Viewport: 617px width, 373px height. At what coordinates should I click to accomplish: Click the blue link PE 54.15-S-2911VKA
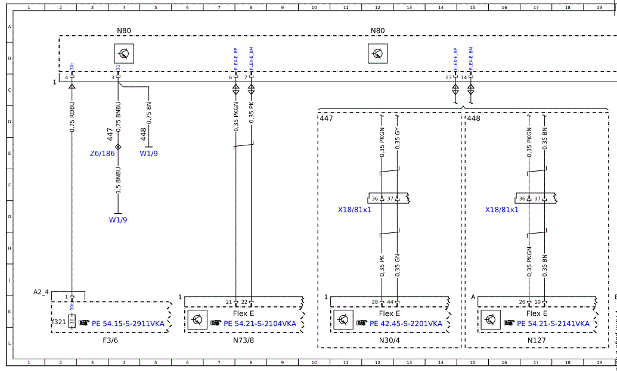[128, 324]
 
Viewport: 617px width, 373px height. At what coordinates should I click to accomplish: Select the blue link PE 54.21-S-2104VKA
[259, 324]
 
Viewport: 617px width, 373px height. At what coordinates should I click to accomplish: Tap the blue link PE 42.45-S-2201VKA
[406, 324]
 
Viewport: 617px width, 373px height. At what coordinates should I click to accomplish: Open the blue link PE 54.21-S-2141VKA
[553, 324]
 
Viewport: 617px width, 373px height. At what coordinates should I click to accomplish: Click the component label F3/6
[110, 341]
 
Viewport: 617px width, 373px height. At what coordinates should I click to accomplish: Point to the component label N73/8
[243, 341]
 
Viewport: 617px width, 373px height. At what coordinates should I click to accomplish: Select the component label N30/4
[389, 341]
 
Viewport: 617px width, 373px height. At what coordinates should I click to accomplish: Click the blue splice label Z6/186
[102, 153]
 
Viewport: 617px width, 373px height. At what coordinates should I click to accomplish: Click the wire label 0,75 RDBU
[72, 117]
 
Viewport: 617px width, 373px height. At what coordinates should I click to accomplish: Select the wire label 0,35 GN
[397, 265]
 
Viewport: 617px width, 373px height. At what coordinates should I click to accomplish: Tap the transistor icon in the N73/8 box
[197, 320]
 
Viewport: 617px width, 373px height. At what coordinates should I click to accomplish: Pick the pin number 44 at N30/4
[390, 302]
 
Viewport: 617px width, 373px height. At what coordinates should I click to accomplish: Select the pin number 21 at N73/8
[229, 302]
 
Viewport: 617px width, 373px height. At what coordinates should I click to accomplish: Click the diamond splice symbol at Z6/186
[118, 147]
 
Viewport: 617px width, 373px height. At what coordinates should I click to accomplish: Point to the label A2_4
[41, 292]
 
